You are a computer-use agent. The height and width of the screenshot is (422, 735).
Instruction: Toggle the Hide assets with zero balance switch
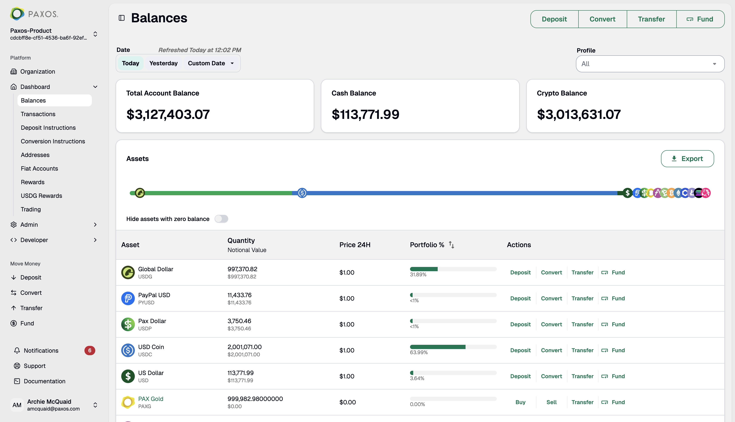pyautogui.click(x=221, y=219)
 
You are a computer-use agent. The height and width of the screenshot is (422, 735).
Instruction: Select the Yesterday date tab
pyautogui.click(x=163, y=63)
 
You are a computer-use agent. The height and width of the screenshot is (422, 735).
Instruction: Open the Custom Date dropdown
pyautogui.click(x=211, y=63)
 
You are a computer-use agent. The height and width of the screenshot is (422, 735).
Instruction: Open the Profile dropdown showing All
pyautogui.click(x=650, y=64)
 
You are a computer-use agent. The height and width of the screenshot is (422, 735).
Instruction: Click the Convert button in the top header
pyautogui.click(x=602, y=19)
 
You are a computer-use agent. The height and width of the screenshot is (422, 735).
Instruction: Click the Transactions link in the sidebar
pyautogui.click(x=38, y=114)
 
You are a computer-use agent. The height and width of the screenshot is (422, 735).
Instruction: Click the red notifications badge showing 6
pyautogui.click(x=90, y=350)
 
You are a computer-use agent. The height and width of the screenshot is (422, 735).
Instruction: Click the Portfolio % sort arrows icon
pyautogui.click(x=451, y=245)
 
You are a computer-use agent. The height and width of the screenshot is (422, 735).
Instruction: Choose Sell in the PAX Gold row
pyautogui.click(x=551, y=402)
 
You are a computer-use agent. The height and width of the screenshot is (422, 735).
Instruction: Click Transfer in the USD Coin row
pyautogui.click(x=582, y=350)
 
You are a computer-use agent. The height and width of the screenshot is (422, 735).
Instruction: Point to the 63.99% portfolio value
pyautogui.click(x=418, y=352)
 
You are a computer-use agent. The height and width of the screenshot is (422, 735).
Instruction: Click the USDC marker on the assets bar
pyautogui.click(x=302, y=193)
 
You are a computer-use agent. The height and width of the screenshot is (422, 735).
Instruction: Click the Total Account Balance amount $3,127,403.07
pyautogui.click(x=168, y=114)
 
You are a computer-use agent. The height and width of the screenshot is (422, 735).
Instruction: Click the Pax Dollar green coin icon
pyautogui.click(x=128, y=324)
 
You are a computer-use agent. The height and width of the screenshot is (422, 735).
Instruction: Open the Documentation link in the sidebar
pyautogui.click(x=44, y=381)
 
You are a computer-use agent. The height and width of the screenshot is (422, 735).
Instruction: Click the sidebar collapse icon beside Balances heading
pyautogui.click(x=121, y=18)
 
